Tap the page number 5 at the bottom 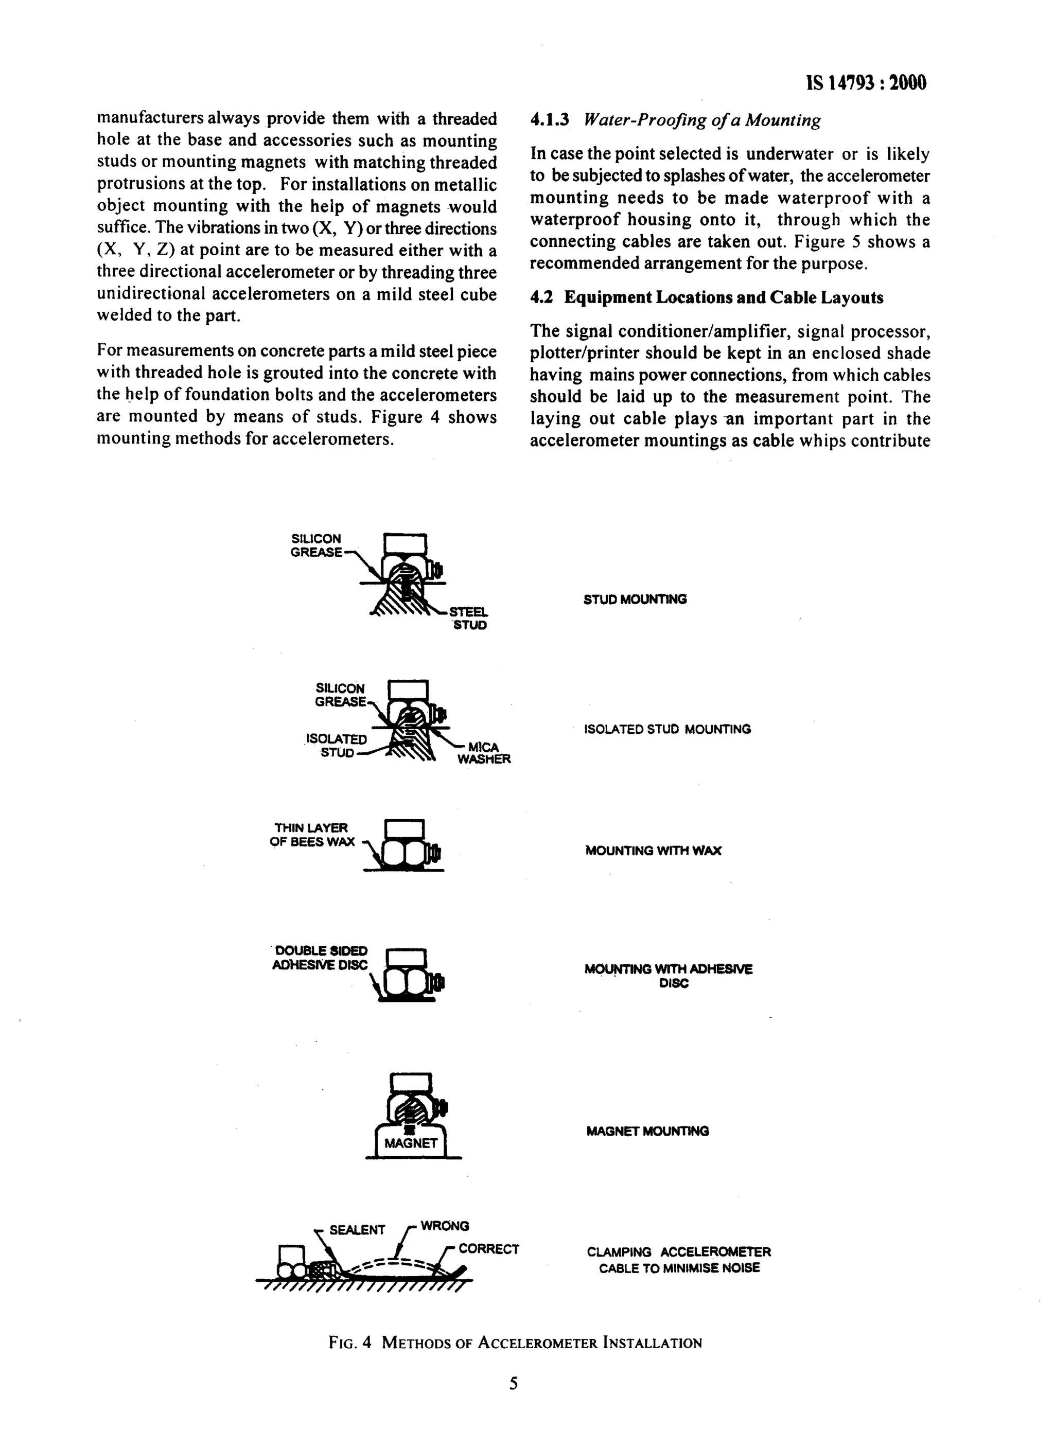[x=513, y=1383]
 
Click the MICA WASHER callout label [x=483, y=753]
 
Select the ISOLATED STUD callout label [x=337, y=745]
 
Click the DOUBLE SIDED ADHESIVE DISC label [x=320, y=958]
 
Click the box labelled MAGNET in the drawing [x=411, y=1143]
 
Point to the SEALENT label [x=357, y=1230]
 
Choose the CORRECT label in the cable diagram [x=488, y=1249]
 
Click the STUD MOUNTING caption [x=635, y=599]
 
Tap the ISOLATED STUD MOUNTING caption [x=667, y=729]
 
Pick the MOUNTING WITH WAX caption [x=653, y=851]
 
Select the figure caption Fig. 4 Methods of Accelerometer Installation [x=515, y=1342]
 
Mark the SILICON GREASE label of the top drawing [x=316, y=545]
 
